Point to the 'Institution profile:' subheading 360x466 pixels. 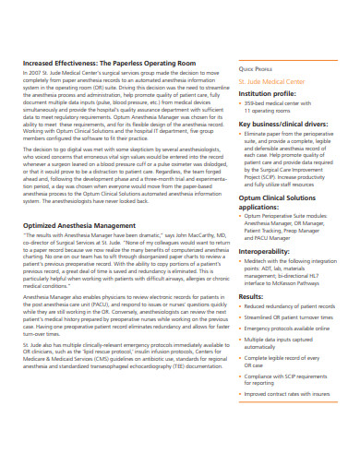(x=269, y=93)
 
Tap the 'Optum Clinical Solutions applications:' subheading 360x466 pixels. (x=277, y=202)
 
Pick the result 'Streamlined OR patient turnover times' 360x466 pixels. (x=293, y=318)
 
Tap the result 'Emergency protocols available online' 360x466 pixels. (x=293, y=329)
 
